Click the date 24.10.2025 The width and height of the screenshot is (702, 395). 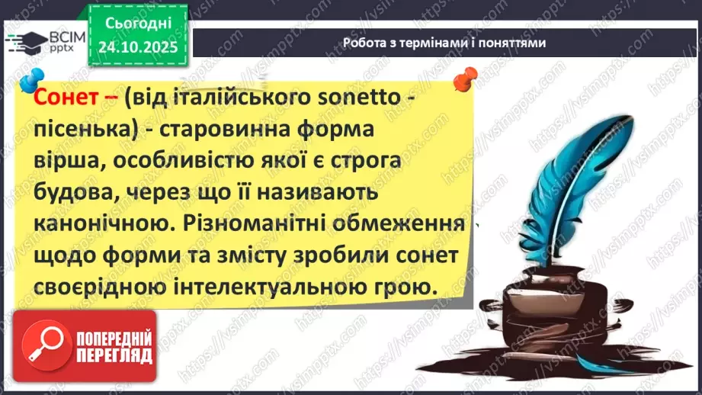[136, 47]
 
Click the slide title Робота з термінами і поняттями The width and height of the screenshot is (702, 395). [444, 43]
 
